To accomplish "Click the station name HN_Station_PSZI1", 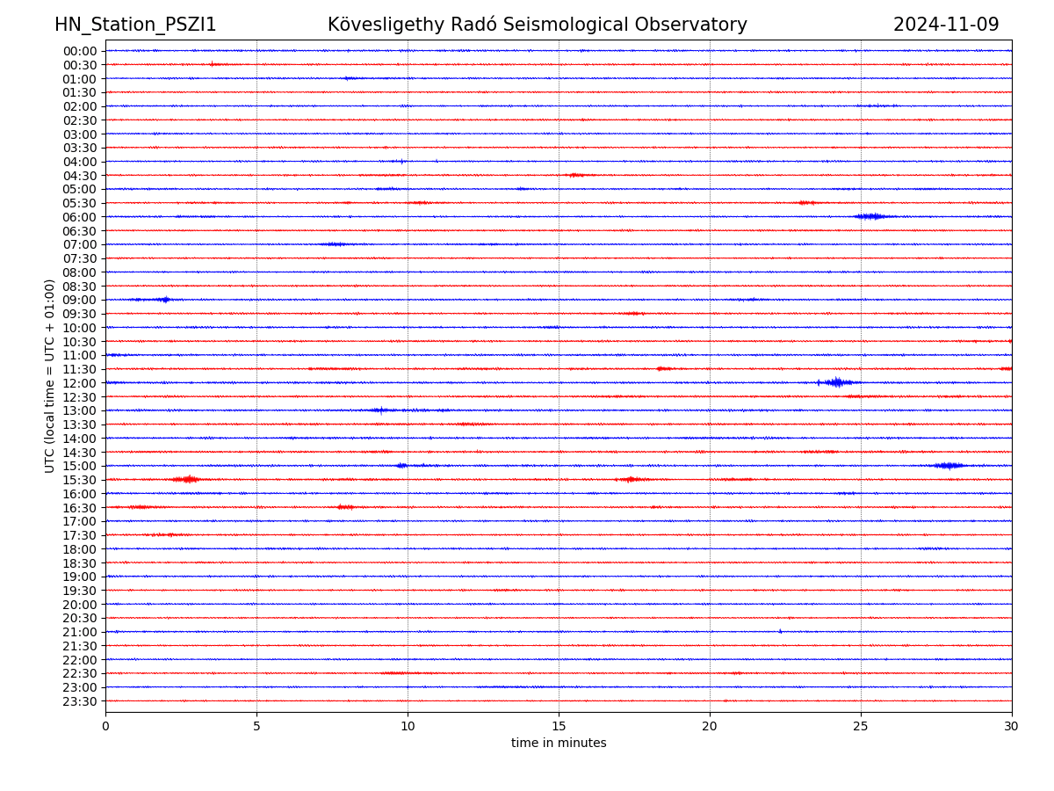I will pyautogui.click(x=135, y=25).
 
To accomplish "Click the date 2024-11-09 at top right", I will pyautogui.click(x=946, y=25).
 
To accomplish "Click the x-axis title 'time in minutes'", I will pyautogui.click(x=559, y=743).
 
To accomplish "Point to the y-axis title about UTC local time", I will pyautogui.click(x=50, y=375).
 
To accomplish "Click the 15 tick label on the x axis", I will pyautogui.click(x=559, y=726).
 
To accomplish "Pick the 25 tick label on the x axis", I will pyautogui.click(x=861, y=726).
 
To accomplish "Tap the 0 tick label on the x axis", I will pyautogui.click(x=105, y=726).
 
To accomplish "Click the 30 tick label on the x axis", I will pyautogui.click(x=1012, y=726).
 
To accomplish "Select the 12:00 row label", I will pyautogui.click(x=79, y=383).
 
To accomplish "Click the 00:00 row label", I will pyautogui.click(x=79, y=51).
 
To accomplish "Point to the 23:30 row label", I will pyautogui.click(x=79, y=701).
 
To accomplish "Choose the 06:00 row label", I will pyautogui.click(x=79, y=217).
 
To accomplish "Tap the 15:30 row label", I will pyautogui.click(x=79, y=480).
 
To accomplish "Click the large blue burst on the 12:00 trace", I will pyautogui.click(x=836, y=382).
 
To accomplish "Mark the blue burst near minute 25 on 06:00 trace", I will pyautogui.click(x=870, y=216).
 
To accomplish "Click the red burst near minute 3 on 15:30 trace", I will pyautogui.click(x=187, y=479).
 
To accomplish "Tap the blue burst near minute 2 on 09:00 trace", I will pyautogui.click(x=164, y=300).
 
